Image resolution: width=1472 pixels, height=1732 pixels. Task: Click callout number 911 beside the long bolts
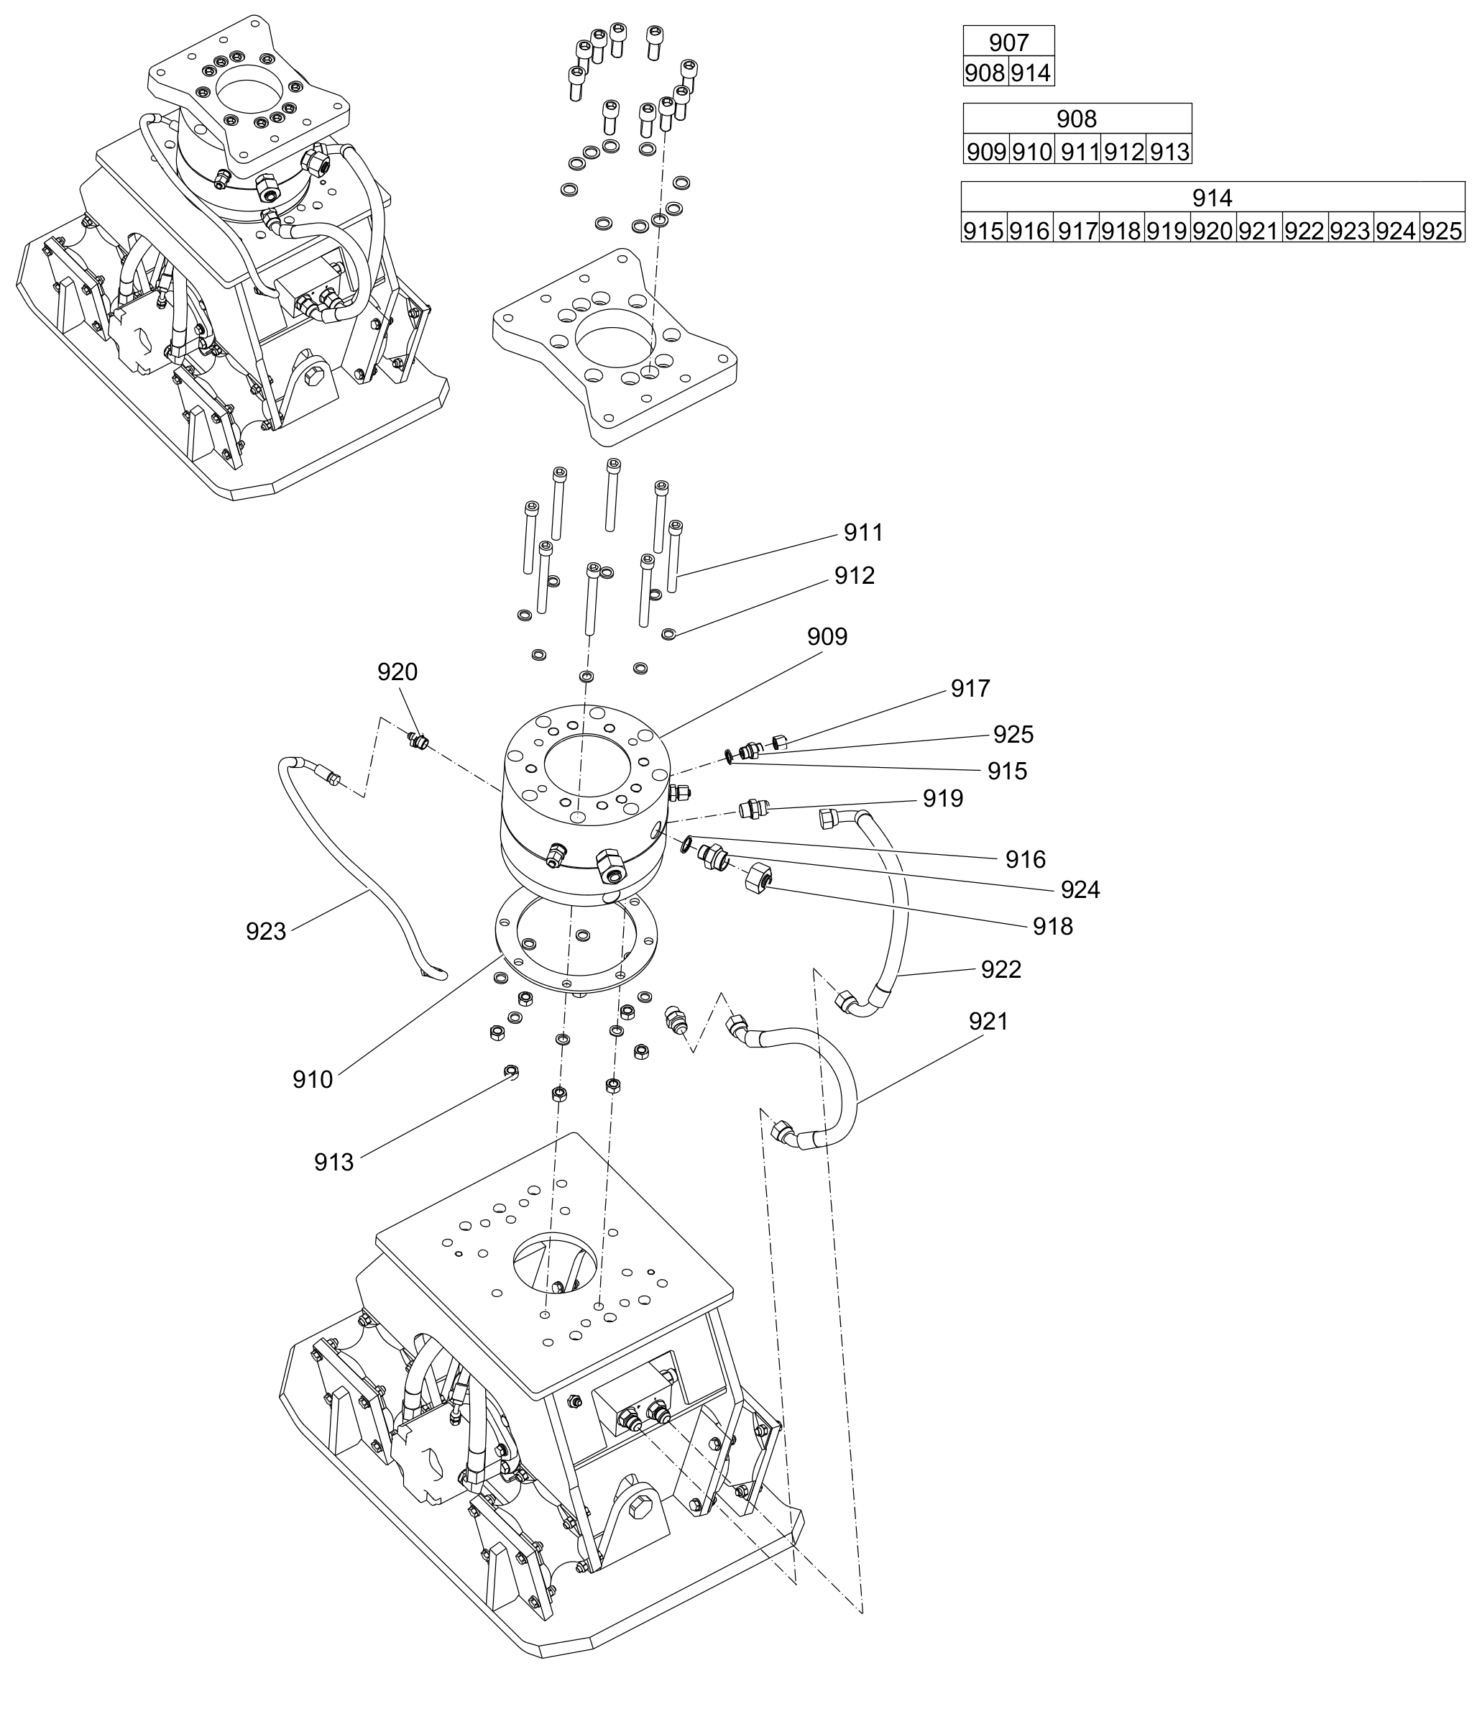coord(862,533)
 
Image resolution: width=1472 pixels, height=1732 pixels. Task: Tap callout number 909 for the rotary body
coord(827,637)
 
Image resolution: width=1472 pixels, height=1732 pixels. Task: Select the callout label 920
coord(397,672)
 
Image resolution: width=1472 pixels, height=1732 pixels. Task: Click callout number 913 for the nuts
coord(333,1162)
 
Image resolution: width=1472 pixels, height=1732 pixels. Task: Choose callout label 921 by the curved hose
coord(989,1021)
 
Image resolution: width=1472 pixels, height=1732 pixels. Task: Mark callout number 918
coord(1053,926)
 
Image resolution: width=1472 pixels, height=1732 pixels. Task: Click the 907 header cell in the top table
coord(1009,42)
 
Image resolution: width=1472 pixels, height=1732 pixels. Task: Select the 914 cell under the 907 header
coord(1031,73)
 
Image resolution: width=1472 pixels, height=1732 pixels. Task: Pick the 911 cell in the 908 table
coord(1078,152)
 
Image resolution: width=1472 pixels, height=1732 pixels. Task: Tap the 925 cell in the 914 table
coord(1442,230)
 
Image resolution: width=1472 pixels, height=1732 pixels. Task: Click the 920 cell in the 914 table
coord(1213,230)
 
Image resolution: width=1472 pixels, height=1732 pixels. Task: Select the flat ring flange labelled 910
coord(576,938)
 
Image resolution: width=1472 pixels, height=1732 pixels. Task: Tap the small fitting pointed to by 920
coord(418,741)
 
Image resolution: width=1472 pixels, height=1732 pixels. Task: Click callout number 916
coord(1026,859)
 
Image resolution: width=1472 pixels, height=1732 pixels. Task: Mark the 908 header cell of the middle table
coord(1077,119)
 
